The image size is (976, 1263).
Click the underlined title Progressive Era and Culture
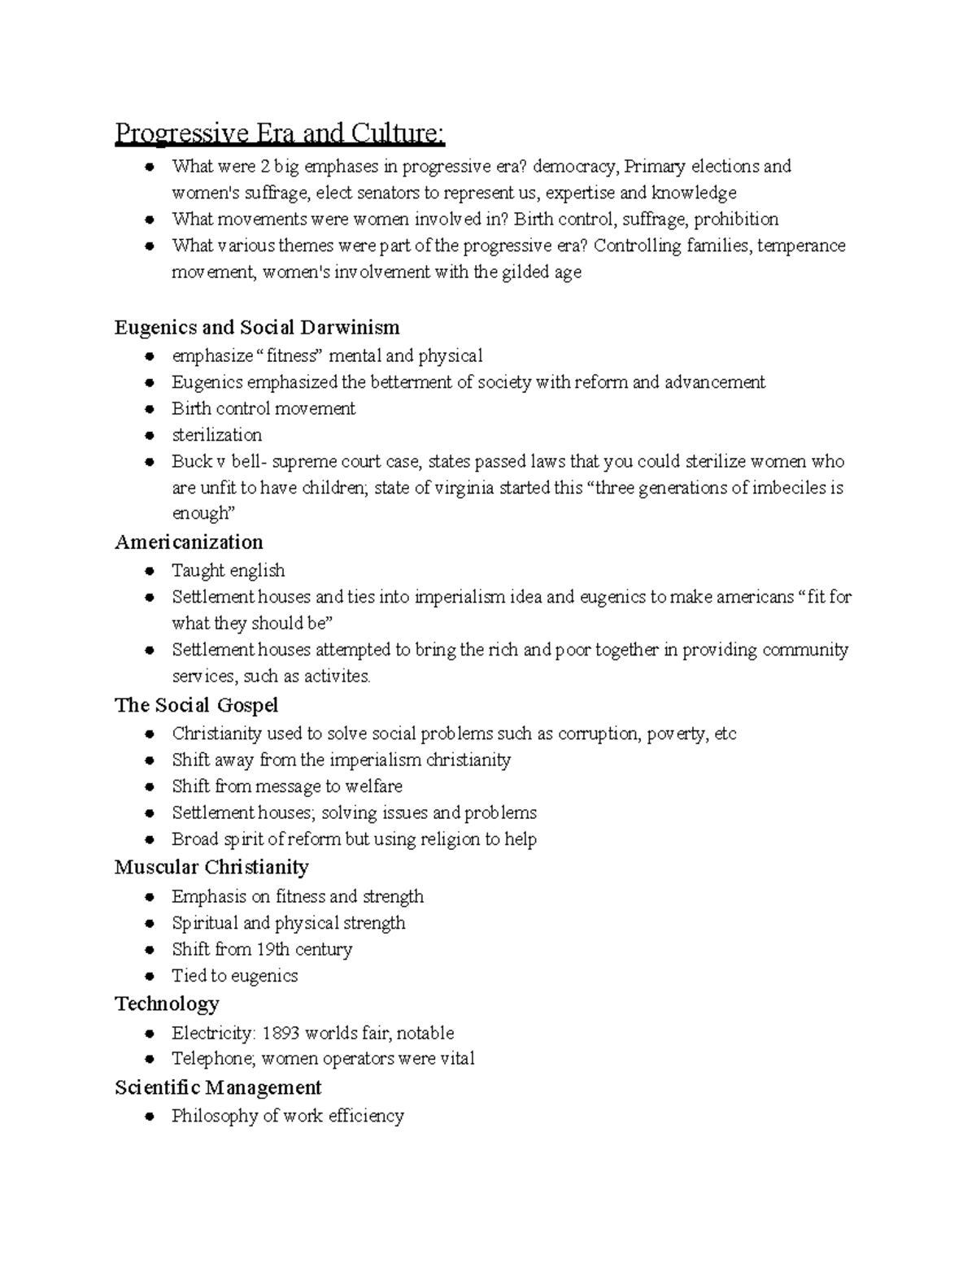click(280, 133)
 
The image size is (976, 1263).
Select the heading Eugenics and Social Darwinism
click(257, 328)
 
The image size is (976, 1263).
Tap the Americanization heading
click(189, 542)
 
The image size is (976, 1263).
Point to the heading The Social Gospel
click(196, 705)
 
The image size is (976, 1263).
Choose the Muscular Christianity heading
click(211, 867)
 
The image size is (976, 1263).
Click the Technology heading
click(167, 1004)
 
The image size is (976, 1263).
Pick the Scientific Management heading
click(218, 1087)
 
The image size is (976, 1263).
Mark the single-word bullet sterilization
click(216, 435)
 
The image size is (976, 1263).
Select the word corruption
click(598, 734)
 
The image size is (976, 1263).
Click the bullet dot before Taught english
click(149, 571)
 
